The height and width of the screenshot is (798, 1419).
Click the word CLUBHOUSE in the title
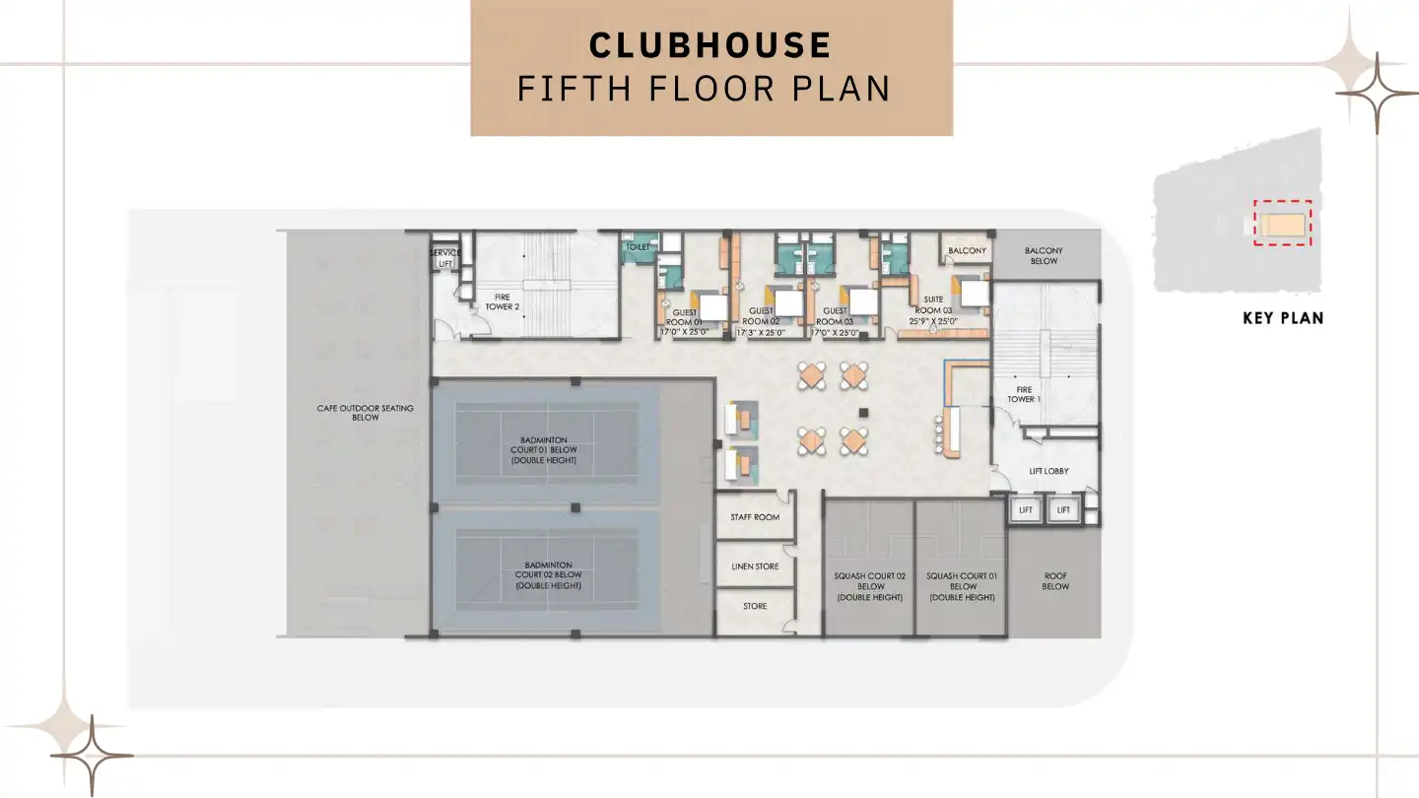(x=709, y=45)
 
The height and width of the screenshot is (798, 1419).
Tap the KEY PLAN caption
(x=1282, y=318)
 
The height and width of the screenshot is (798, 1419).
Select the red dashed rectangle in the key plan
(x=1282, y=223)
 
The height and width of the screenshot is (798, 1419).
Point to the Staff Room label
(x=755, y=517)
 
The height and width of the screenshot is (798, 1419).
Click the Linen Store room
(x=755, y=566)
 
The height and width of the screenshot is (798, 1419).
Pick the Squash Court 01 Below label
(x=962, y=586)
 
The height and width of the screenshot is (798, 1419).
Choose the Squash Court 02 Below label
(x=870, y=586)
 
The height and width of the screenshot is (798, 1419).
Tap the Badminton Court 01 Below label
(x=545, y=450)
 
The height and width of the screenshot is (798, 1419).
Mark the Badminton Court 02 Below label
(x=548, y=575)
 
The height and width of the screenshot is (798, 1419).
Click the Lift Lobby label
(x=1048, y=471)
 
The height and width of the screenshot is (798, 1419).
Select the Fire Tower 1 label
(x=1021, y=394)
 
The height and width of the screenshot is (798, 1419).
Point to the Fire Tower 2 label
(x=502, y=301)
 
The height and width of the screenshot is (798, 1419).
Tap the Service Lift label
(x=445, y=258)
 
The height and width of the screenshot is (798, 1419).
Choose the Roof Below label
(x=1055, y=581)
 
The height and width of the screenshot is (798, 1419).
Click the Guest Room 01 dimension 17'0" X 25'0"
(x=685, y=332)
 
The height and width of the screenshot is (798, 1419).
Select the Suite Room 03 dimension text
(x=933, y=321)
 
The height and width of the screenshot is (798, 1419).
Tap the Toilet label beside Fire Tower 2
(x=639, y=247)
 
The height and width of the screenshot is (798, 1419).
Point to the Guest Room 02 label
(x=761, y=315)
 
